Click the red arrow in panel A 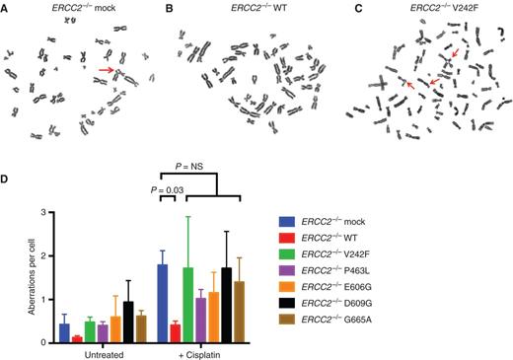tap(105, 70)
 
